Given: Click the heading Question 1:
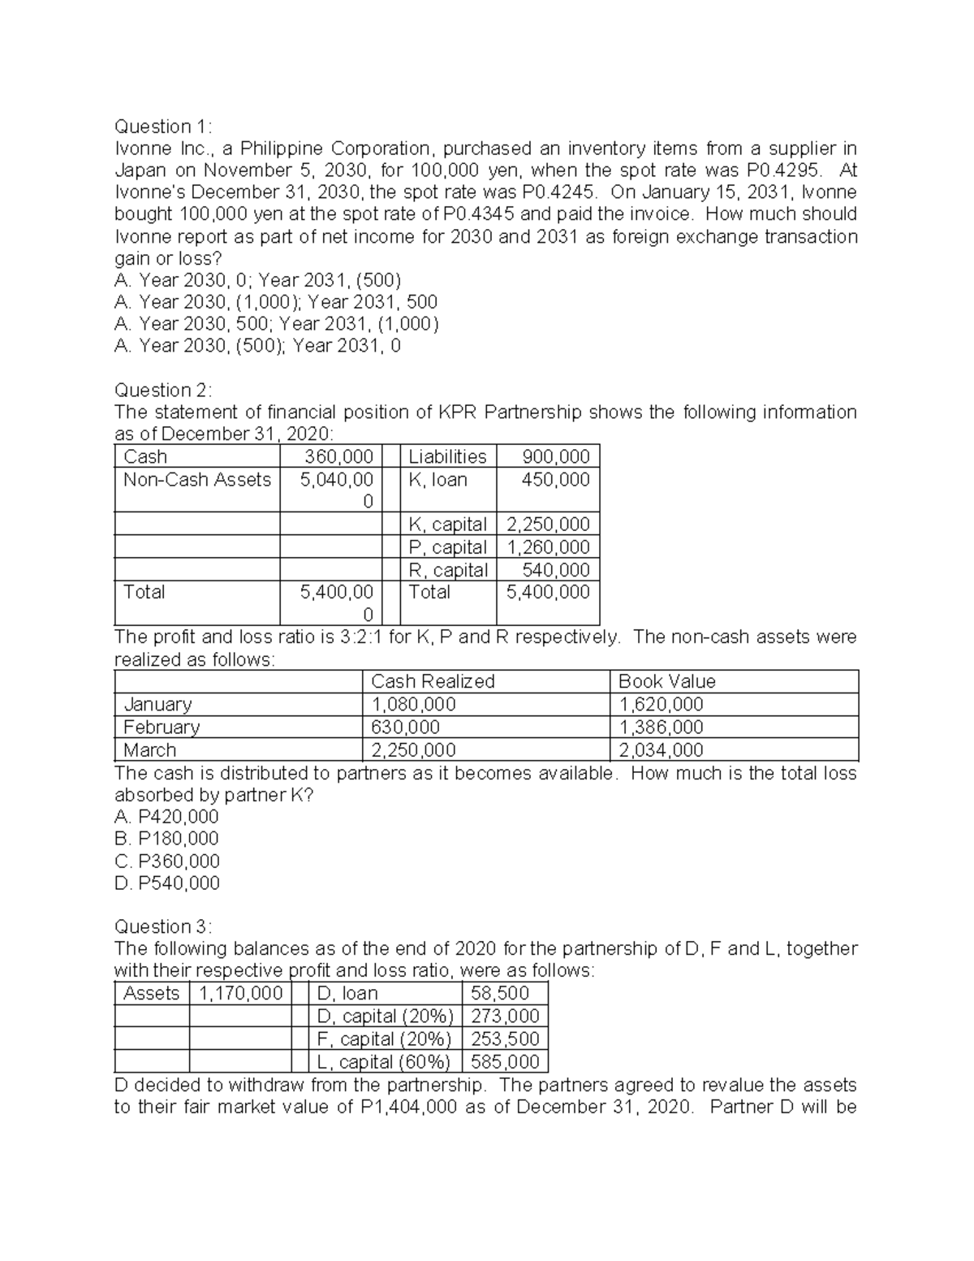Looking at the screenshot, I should point(162,127).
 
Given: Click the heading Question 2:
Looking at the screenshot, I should point(162,390).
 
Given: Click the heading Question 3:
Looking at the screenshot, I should point(162,926).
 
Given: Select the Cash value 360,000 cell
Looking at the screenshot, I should point(338,456).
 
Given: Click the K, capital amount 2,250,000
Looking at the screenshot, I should point(548,525).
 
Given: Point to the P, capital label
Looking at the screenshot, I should point(447,547).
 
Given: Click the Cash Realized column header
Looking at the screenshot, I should point(433,681).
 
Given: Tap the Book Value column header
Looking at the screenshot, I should point(667,681).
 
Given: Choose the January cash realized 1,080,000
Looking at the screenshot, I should point(413,704).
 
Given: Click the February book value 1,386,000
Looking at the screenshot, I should point(661,727).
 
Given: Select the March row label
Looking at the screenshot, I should point(149,749).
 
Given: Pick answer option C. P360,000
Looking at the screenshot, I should point(167,861).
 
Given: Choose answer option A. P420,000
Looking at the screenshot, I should point(167,816).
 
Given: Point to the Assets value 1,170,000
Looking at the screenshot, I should point(240,993).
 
